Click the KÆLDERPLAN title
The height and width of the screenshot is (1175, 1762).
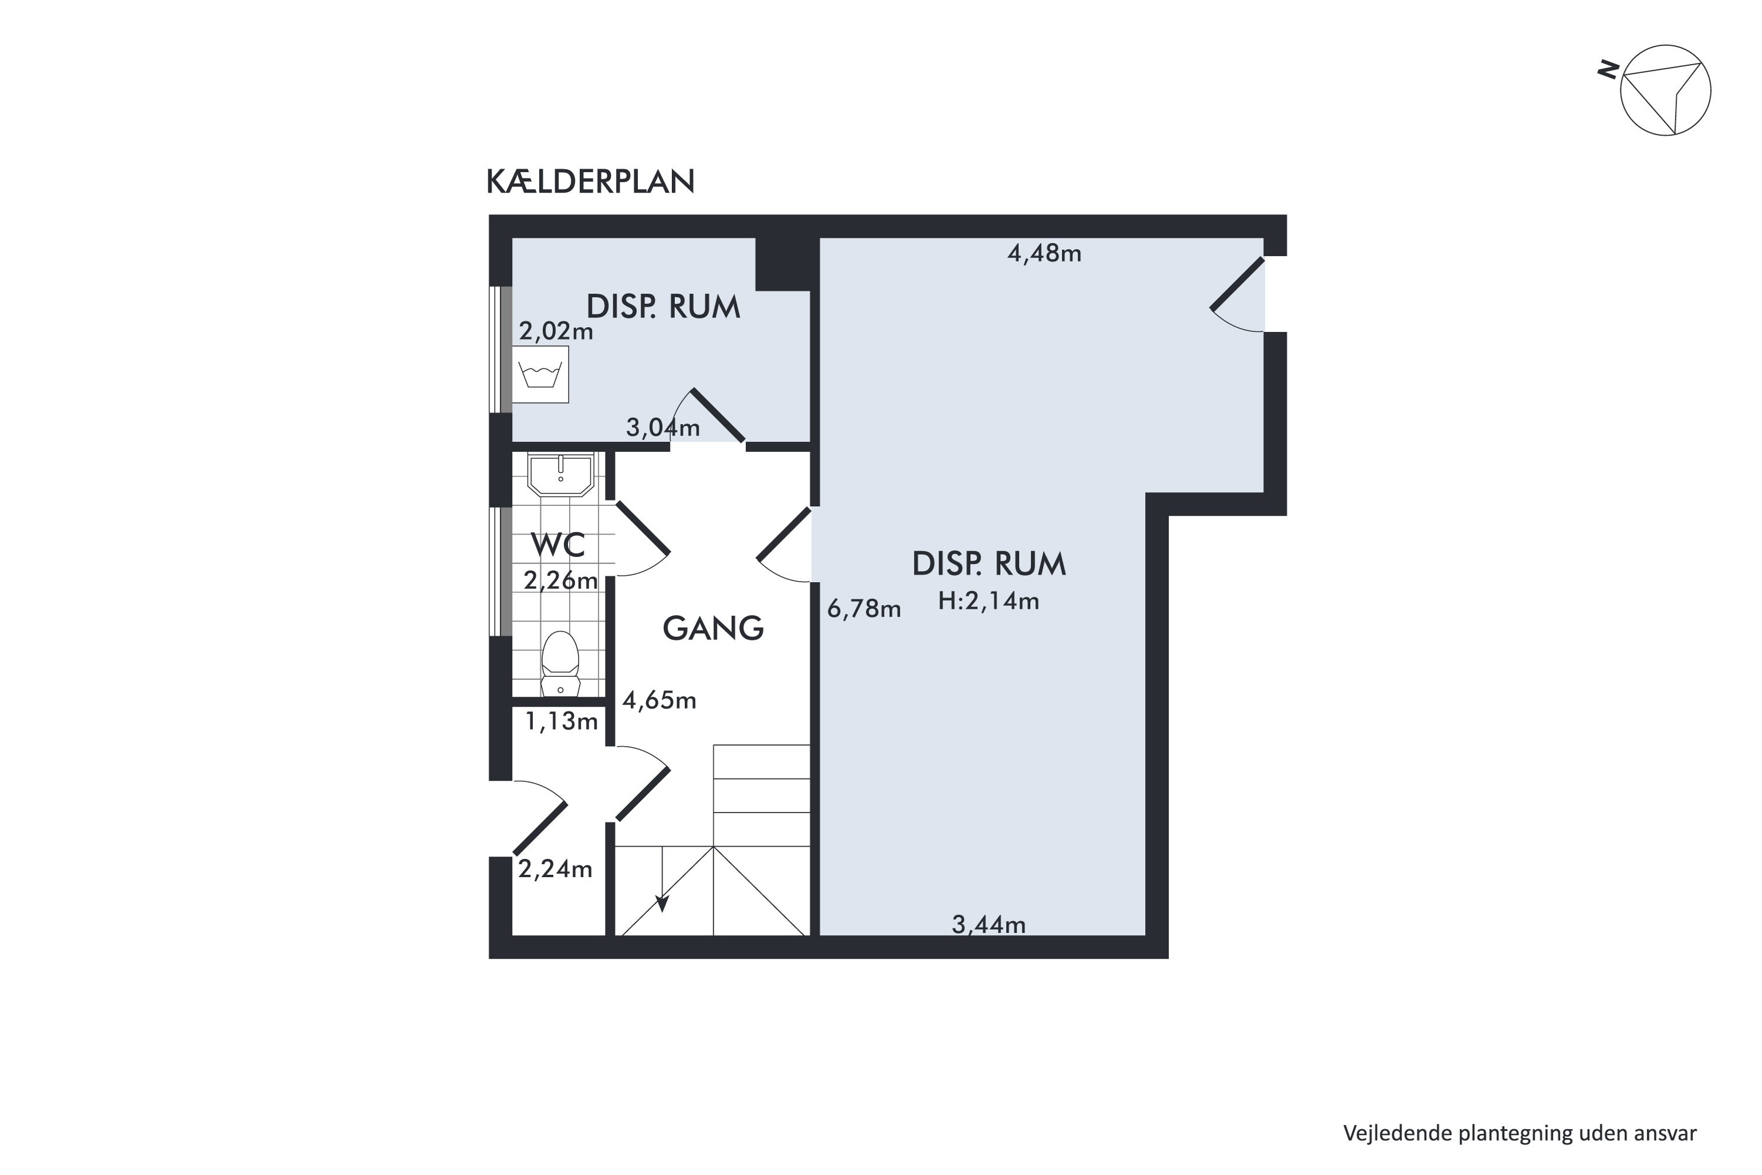(590, 182)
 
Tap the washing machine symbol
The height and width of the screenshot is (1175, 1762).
(540, 374)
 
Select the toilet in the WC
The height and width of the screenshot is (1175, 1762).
(560, 664)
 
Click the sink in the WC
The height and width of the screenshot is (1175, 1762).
(560, 474)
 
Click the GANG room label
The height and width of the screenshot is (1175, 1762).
(713, 628)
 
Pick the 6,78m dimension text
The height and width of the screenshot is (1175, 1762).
(864, 609)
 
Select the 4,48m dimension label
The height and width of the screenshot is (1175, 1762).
(1044, 254)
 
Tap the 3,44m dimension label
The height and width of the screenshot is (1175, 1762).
(989, 925)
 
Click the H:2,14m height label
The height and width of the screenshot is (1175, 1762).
(989, 601)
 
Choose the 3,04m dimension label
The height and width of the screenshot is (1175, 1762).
(663, 428)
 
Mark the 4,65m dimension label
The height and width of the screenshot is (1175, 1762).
(659, 701)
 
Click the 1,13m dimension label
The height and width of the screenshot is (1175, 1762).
(561, 721)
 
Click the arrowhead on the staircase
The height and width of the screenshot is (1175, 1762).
(663, 904)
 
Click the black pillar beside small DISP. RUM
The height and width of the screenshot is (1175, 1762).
(783, 264)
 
